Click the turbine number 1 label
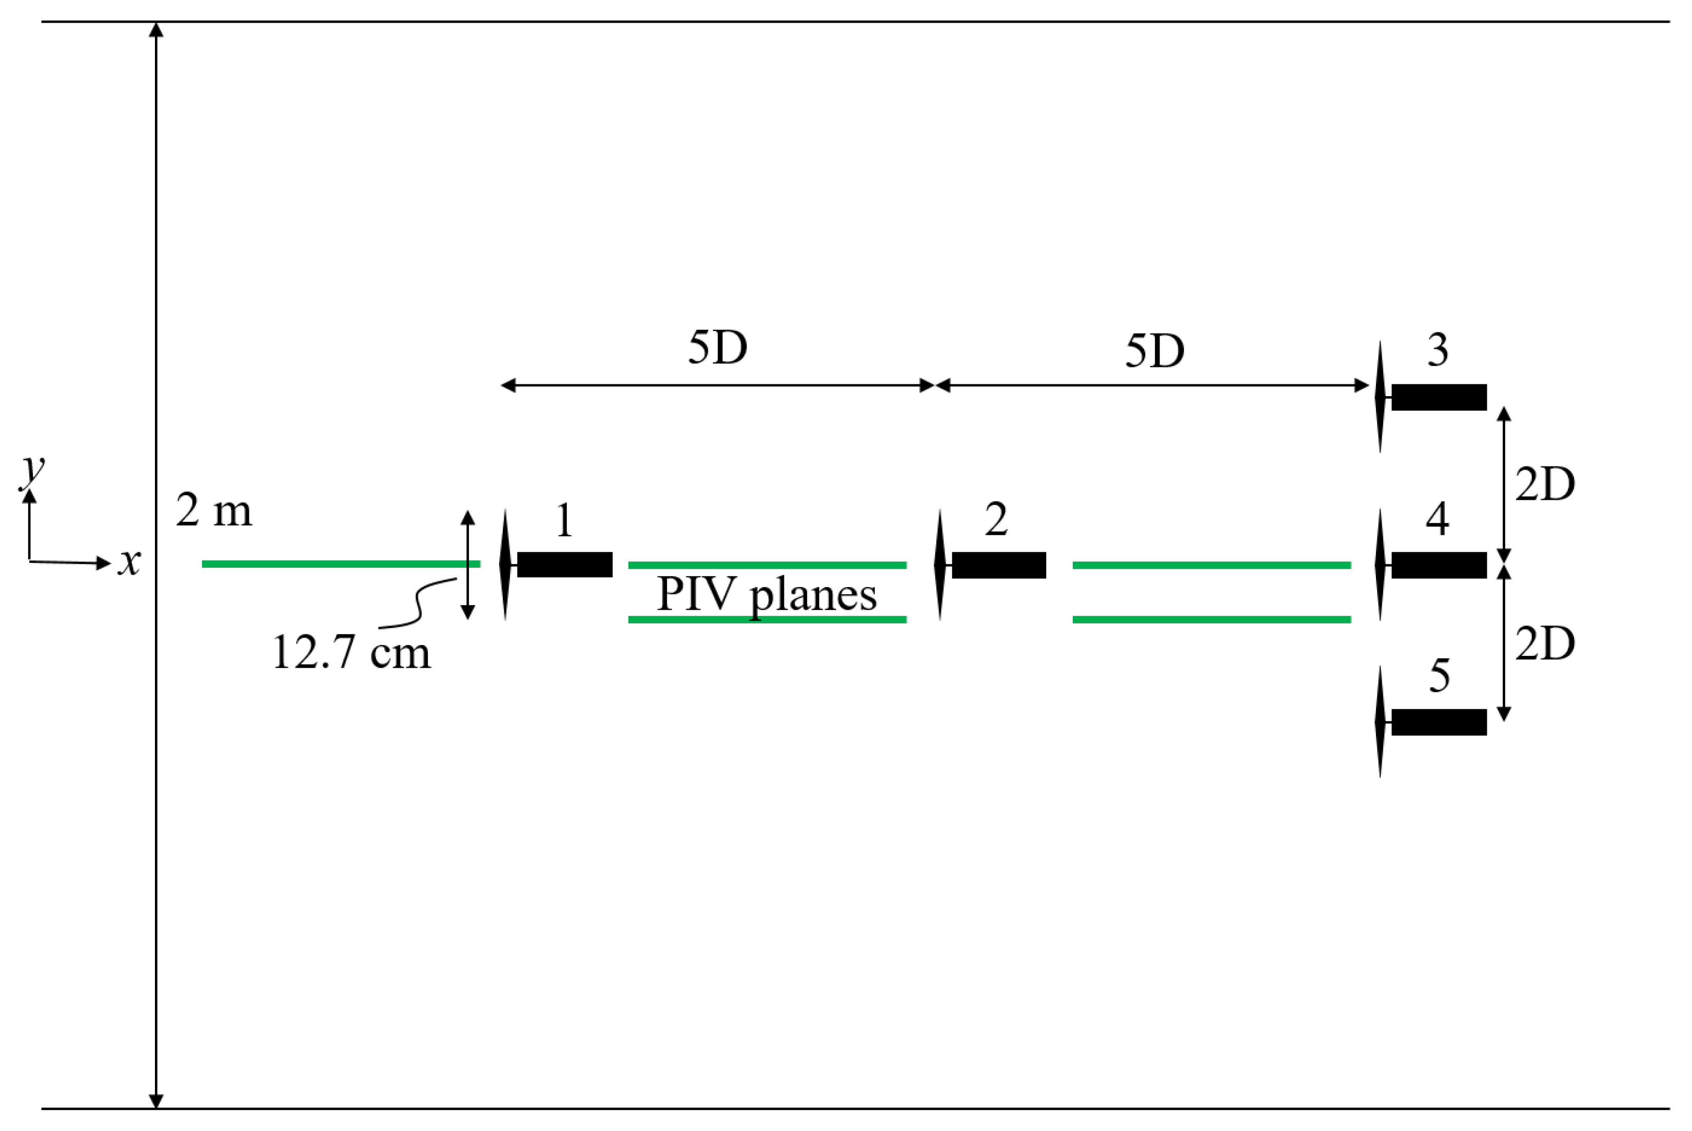pyautogui.click(x=564, y=521)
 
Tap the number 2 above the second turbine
pyautogui.click(x=996, y=519)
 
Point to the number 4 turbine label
pyautogui.click(x=1438, y=519)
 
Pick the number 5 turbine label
pyautogui.click(x=1439, y=676)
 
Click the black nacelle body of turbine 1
pyautogui.click(x=564, y=565)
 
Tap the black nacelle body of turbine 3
pyautogui.click(x=1439, y=397)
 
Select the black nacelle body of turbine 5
pyautogui.click(x=1439, y=722)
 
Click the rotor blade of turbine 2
pyautogui.click(x=939, y=565)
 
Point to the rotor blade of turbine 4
pyautogui.click(x=1380, y=565)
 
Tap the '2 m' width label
pyautogui.click(x=214, y=512)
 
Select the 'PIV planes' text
pyautogui.click(x=766, y=595)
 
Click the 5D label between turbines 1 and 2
pyautogui.click(x=717, y=348)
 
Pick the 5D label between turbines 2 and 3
pyautogui.click(x=1155, y=352)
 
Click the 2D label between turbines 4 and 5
pyautogui.click(x=1545, y=643)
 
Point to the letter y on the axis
pyautogui.click(x=32, y=470)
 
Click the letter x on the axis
pyautogui.click(x=130, y=561)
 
